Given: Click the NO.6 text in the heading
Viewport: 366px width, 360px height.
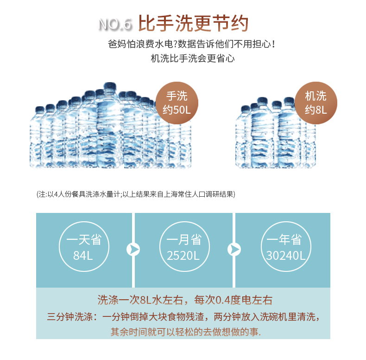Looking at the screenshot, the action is click(115, 24).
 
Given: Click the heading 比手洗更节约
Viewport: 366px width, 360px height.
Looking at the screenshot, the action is click(193, 23).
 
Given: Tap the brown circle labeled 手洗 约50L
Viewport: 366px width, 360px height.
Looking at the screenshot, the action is click(177, 103).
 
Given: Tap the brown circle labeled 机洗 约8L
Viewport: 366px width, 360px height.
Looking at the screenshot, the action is click(316, 103).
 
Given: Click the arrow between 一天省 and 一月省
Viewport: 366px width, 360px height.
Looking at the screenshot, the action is click(133, 250).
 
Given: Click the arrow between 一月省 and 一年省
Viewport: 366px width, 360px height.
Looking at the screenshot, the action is click(234, 250).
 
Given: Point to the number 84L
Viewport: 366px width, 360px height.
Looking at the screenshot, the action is click(83, 256).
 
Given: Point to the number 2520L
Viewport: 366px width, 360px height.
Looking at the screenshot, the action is click(183, 256).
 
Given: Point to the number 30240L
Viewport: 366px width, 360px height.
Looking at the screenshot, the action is click(286, 256).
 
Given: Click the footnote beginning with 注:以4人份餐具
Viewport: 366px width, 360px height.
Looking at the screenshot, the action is click(136, 194).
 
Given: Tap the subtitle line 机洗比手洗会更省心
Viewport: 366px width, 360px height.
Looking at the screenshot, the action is click(193, 58).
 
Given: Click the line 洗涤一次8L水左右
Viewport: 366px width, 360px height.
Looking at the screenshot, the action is click(140, 300).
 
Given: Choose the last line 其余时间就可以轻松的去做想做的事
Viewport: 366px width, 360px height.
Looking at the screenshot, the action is click(186, 332).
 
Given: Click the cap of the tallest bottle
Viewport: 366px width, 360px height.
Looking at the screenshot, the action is click(110, 86).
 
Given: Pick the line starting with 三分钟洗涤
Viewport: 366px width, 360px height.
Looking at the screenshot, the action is click(183, 317).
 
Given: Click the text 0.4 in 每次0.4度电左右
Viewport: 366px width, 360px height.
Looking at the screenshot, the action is click(223, 300).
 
